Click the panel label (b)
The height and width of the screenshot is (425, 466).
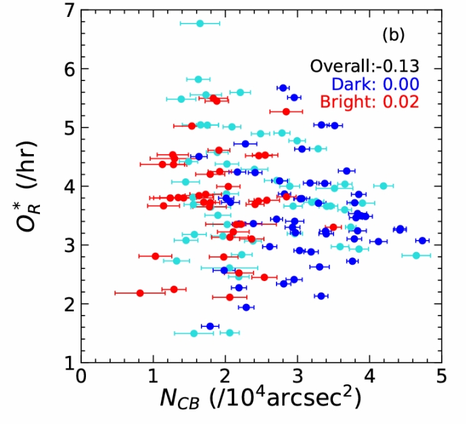tap(394, 33)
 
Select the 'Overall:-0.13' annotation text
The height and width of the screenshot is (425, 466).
tap(365, 66)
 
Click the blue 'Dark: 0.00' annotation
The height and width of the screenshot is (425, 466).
tap(375, 84)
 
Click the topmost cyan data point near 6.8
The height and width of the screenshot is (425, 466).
tap(200, 24)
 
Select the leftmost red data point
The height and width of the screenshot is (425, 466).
tap(140, 293)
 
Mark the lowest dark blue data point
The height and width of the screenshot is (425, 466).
tap(210, 326)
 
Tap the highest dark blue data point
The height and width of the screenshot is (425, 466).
tap(283, 88)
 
